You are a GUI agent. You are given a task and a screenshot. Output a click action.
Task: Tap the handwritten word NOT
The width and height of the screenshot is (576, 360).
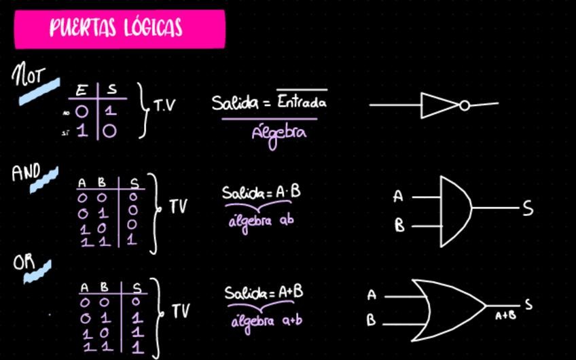point(28,76)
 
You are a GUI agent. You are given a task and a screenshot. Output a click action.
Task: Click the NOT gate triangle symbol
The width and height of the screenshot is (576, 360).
point(439,105)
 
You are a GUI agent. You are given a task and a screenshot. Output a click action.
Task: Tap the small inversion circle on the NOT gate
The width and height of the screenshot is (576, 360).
point(464,105)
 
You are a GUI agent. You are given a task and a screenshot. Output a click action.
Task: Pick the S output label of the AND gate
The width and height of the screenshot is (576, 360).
point(528,209)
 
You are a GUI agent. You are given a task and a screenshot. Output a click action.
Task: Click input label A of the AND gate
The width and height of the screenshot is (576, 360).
point(399,197)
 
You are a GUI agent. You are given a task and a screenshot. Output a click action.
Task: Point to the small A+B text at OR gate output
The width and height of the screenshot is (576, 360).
point(503,315)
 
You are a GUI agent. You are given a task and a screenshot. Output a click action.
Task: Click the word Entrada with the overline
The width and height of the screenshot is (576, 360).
point(302,103)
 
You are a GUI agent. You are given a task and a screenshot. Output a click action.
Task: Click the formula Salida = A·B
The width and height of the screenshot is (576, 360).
point(262,193)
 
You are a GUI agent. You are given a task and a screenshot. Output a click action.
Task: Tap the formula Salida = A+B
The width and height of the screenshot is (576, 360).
point(264,293)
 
